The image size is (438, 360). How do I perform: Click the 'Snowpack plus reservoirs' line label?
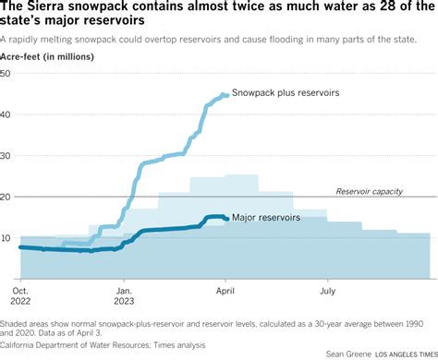click(286, 94)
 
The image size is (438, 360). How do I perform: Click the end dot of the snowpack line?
click(225, 95)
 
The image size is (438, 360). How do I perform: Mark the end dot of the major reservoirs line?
click(225, 219)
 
